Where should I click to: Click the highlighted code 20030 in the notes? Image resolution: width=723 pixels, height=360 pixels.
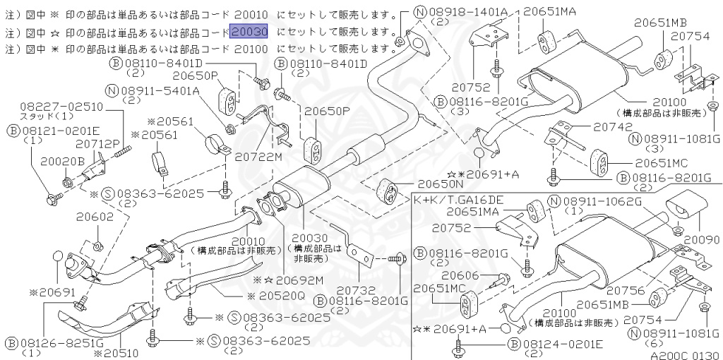pyautogui.click(x=249, y=32)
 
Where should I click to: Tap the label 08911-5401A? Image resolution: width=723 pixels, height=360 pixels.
pyautogui.click(x=159, y=91)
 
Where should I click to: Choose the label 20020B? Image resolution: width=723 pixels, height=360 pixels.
pyautogui.click(x=62, y=161)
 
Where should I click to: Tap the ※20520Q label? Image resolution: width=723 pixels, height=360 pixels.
pyautogui.click(x=276, y=296)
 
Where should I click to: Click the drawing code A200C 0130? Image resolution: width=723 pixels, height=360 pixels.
pyautogui.click(x=683, y=355)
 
